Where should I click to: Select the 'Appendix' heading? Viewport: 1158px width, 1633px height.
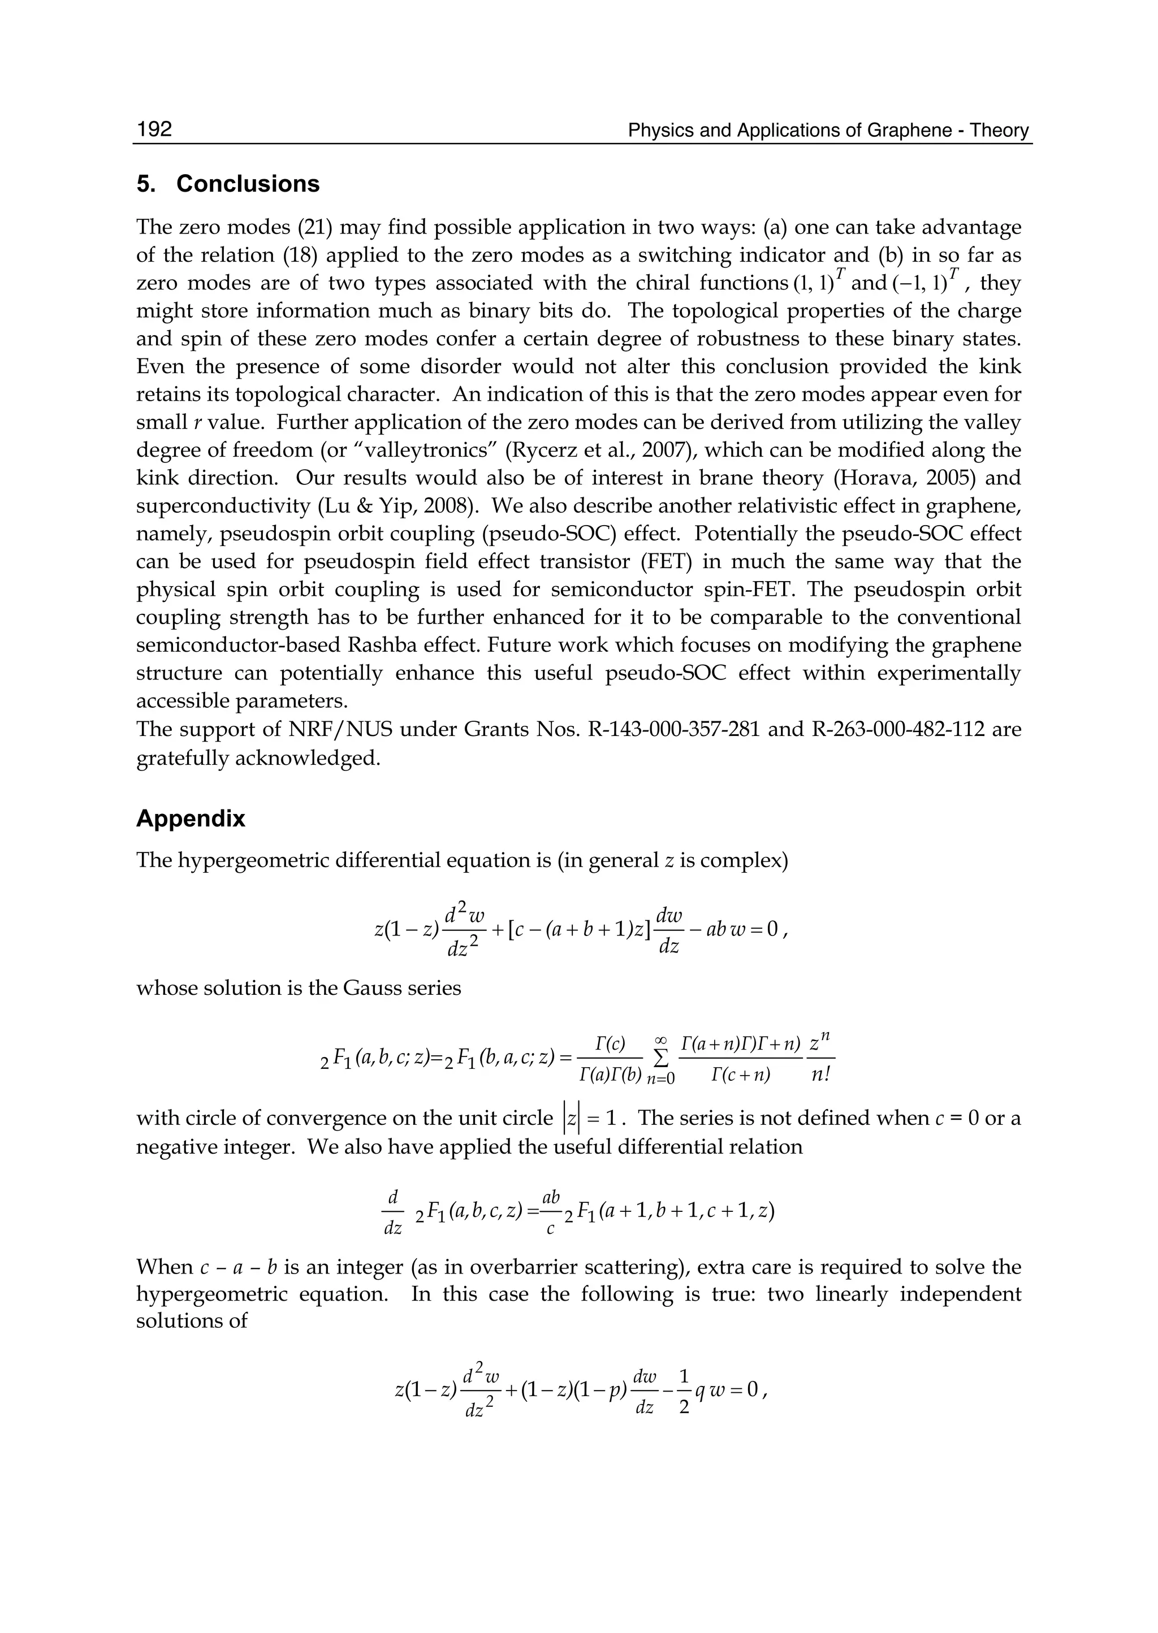point(191,818)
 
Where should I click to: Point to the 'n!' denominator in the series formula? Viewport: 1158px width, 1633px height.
point(822,1076)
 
